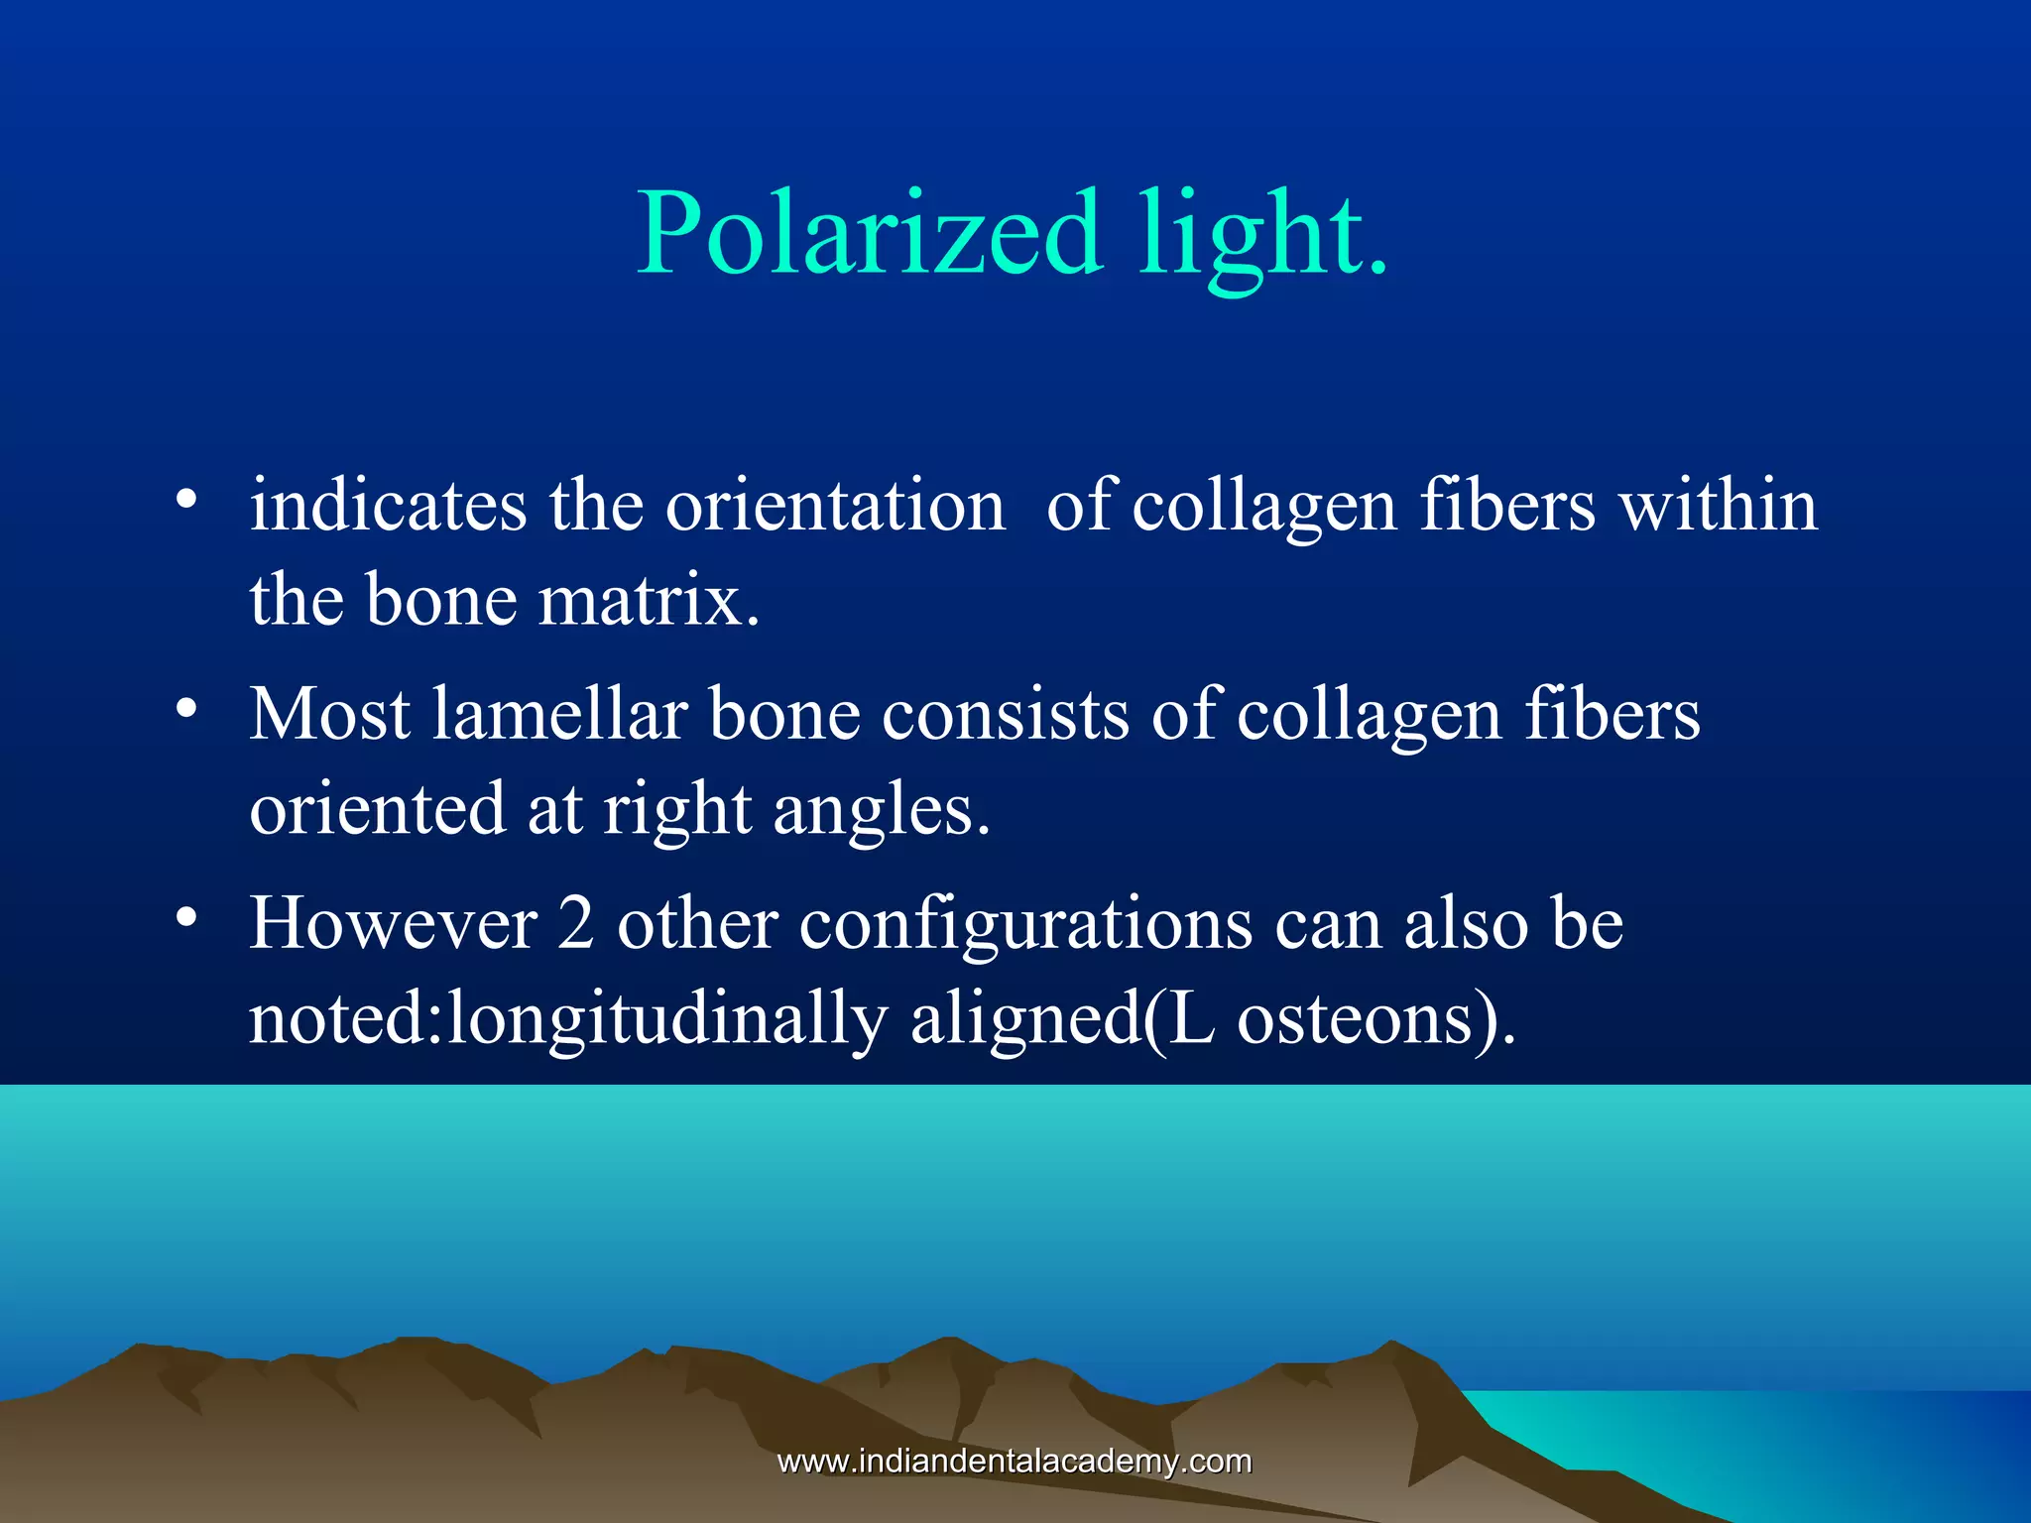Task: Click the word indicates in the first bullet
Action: [388, 505]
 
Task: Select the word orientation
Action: [835, 505]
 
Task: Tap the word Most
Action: [329, 714]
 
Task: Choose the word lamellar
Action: [560, 714]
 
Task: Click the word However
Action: [393, 924]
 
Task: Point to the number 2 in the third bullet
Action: [575, 924]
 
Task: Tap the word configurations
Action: [1025, 924]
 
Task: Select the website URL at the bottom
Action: [1015, 1461]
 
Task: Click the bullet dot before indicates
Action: [185, 499]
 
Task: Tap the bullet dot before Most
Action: [185, 708]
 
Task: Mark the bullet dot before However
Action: [185, 918]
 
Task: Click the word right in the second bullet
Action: [677, 810]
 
